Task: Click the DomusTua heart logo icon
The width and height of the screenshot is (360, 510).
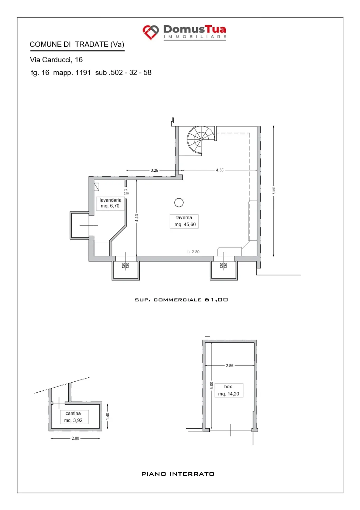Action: (151, 32)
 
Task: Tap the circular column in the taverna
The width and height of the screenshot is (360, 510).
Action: (179, 202)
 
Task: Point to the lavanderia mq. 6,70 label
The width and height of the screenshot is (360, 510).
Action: (110, 203)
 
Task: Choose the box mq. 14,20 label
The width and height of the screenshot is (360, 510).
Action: (229, 390)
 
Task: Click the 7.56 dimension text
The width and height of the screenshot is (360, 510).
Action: (273, 191)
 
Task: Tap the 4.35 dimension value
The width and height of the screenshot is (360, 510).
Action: (220, 170)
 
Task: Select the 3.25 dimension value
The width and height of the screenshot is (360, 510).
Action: (154, 170)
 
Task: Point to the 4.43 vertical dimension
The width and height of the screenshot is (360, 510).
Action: (137, 218)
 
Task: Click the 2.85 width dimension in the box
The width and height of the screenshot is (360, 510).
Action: (229, 365)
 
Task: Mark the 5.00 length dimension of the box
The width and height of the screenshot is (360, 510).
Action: (212, 386)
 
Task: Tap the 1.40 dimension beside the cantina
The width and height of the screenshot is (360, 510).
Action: (108, 416)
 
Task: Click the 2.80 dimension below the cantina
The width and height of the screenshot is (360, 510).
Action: (75, 438)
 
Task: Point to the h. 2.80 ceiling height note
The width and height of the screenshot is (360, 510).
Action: (193, 252)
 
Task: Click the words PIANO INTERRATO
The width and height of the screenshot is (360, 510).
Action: (178, 474)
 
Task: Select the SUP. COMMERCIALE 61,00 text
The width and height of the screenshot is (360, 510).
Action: (182, 300)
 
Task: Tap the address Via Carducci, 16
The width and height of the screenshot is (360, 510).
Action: (56, 60)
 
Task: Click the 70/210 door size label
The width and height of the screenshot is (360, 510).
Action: (126, 192)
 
